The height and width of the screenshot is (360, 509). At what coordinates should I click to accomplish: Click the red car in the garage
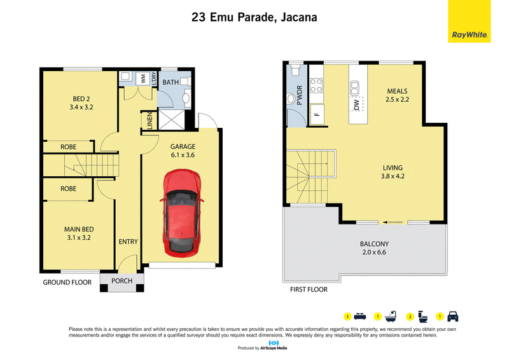tap(182, 213)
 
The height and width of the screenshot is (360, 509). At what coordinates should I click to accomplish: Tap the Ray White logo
tap(469, 22)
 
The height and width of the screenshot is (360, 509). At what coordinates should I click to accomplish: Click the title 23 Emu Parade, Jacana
tap(254, 17)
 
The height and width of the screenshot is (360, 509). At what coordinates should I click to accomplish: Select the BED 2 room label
tap(81, 99)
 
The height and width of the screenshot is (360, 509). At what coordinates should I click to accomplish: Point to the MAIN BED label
tap(79, 229)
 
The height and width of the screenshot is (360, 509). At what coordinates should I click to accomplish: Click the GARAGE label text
tap(183, 147)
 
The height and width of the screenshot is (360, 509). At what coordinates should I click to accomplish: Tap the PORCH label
tap(122, 280)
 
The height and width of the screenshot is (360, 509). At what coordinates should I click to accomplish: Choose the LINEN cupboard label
tap(150, 121)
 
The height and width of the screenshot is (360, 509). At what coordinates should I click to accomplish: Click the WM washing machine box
tap(143, 78)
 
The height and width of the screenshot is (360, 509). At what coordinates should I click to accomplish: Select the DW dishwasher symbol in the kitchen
tap(356, 104)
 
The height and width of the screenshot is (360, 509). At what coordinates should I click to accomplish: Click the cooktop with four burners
tap(316, 85)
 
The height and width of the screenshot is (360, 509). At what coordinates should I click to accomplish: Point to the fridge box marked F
tap(317, 114)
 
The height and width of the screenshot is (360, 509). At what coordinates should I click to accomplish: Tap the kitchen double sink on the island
tap(354, 88)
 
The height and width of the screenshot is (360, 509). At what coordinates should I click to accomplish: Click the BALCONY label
tap(374, 244)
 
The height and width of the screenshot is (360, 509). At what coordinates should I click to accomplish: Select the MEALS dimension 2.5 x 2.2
tap(397, 100)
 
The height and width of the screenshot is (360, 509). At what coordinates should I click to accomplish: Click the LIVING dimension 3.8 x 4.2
tap(393, 176)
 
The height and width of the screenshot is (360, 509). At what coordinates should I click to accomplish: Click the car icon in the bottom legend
tap(453, 317)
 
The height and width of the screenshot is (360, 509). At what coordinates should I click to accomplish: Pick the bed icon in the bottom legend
tap(360, 317)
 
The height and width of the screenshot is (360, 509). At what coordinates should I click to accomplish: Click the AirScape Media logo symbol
tap(274, 343)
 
